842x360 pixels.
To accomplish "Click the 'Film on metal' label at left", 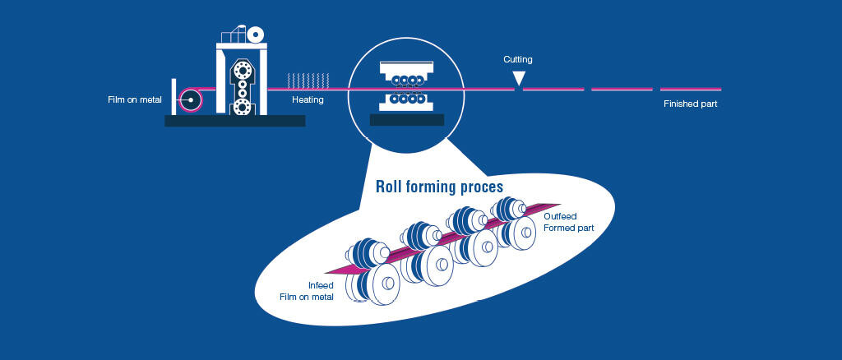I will [x=135, y=100].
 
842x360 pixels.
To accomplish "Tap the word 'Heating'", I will [x=308, y=100].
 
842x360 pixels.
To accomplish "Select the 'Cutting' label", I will [x=518, y=60].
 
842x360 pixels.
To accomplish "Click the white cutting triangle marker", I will [x=518, y=78].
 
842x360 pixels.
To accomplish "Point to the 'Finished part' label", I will [x=691, y=104].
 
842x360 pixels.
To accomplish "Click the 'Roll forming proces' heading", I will [x=439, y=187].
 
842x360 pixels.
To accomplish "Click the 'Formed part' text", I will [x=568, y=228].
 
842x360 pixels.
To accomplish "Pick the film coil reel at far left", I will [x=191, y=99].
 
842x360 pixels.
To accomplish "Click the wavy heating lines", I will [x=308, y=81].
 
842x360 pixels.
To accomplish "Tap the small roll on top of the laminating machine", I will [x=257, y=35].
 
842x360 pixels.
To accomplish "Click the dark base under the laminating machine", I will [x=234, y=121].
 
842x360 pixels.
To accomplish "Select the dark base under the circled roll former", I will [x=407, y=120].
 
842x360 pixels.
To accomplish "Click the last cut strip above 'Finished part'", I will [x=690, y=89].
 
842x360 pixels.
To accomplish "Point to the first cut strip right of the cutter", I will [x=553, y=89].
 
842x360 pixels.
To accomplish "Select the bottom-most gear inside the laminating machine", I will [x=242, y=107].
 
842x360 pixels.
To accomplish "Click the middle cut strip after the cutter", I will [x=622, y=89].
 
